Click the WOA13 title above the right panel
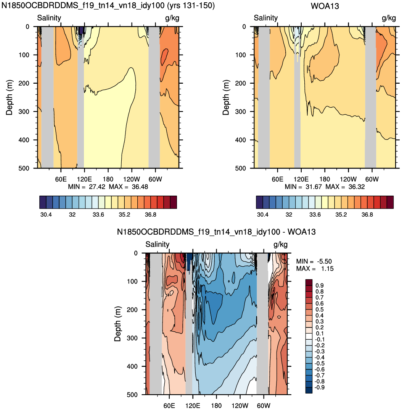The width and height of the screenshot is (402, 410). tap(325, 6)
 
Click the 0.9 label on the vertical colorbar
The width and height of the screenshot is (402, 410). tap(320, 285)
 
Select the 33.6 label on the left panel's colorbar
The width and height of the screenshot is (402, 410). tap(98, 215)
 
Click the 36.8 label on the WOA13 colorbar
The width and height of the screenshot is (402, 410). tap(367, 215)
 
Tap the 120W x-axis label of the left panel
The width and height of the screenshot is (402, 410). tap(132, 179)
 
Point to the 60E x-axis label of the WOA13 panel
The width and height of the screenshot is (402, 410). tap(277, 179)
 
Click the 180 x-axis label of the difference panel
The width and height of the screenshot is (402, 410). tap(216, 405)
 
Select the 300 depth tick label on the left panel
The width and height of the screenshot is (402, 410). tap(24, 112)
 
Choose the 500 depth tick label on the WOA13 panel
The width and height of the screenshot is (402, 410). tap(241, 169)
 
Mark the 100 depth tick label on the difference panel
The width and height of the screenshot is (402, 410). tap(132, 282)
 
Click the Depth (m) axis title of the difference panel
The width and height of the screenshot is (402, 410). tap(118, 324)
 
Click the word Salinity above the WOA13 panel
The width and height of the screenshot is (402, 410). tap(266, 18)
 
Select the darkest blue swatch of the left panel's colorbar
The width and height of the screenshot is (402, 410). tap(43, 202)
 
